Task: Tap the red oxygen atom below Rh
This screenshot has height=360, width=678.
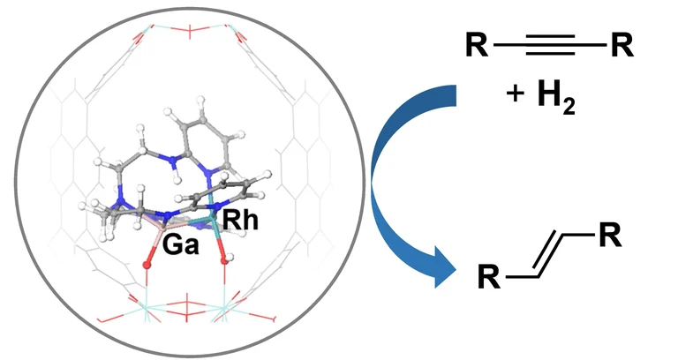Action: pyautogui.click(x=227, y=261)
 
